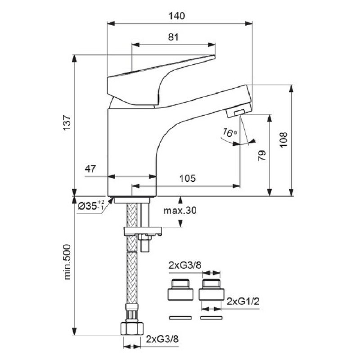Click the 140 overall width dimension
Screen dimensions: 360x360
tap(176, 16)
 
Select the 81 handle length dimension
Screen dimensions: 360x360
tap(173, 37)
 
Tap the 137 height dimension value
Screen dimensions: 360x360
tap(67, 122)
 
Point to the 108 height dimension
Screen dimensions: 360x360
tap(283, 139)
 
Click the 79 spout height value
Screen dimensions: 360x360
tap(262, 155)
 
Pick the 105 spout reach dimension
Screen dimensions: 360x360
tap(187, 178)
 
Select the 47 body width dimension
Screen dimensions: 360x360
tap(90, 169)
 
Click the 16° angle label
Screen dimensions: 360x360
tap(229, 133)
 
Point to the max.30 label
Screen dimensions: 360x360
tap(180, 210)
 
